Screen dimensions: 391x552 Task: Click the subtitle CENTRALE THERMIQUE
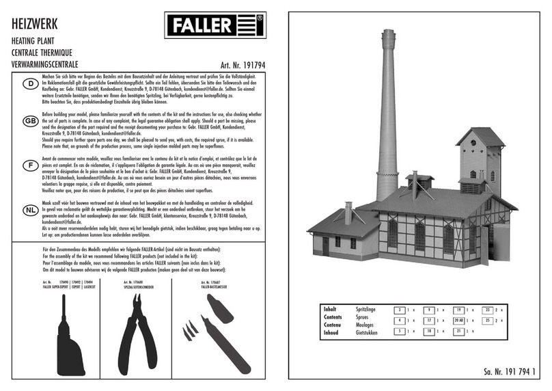(x=42, y=53)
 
